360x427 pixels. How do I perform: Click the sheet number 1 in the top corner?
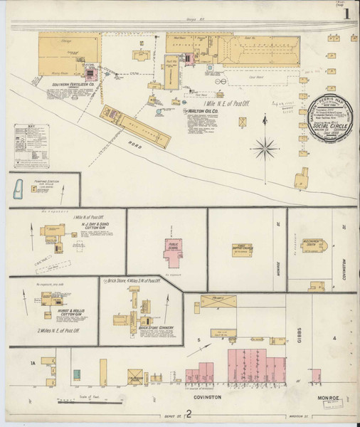346,12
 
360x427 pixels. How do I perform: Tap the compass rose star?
265,148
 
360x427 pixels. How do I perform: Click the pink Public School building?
173,248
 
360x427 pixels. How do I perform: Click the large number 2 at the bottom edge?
189,417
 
